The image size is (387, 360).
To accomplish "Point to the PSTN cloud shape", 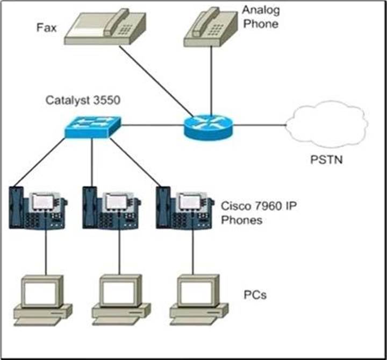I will point(327,125).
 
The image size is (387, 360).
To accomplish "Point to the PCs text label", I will point(255,295).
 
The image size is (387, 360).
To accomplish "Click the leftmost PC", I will point(43,299).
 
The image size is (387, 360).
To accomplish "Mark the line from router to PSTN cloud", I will point(260,126).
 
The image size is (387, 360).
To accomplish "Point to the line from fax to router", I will point(156,81).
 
